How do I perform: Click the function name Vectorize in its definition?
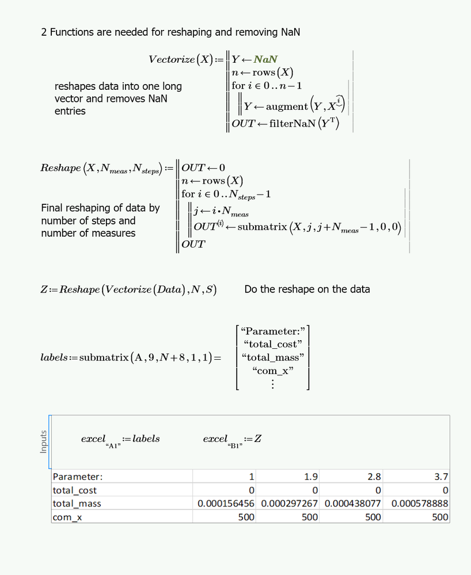point(172,59)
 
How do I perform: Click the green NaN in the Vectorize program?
point(267,59)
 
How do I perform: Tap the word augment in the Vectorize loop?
point(287,106)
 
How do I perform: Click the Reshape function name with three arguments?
point(60,168)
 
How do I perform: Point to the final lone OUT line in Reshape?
point(193,245)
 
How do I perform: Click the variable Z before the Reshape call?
point(44,290)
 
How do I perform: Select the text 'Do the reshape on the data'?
point(307,289)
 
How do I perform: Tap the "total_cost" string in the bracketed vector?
point(272,344)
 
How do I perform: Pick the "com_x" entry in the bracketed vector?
point(272,371)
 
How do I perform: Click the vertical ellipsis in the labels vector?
point(272,384)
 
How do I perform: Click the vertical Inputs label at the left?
point(43,441)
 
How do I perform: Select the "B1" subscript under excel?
point(234,446)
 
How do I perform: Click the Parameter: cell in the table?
point(78,477)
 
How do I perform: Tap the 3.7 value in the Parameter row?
point(442,477)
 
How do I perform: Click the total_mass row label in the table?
point(77,504)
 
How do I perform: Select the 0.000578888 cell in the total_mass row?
point(419,504)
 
